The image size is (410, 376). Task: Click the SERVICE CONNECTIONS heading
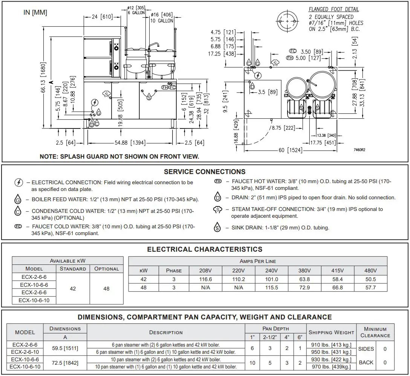(x=205, y=172)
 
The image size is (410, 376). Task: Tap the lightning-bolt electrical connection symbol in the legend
(x=18, y=183)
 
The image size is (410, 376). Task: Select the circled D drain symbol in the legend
(x=217, y=197)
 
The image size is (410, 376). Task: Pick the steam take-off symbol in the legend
(x=217, y=210)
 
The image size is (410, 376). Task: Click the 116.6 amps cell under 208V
(x=205, y=279)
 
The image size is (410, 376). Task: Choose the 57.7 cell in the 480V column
(x=370, y=287)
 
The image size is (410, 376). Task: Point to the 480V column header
(x=370, y=271)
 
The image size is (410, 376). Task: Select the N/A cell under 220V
(x=239, y=287)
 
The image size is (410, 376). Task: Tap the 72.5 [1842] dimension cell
(x=65, y=362)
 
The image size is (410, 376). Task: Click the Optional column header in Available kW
(x=106, y=269)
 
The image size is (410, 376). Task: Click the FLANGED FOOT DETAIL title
(x=334, y=9)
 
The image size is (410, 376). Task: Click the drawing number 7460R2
(x=359, y=150)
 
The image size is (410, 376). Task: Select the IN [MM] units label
(x=35, y=12)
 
